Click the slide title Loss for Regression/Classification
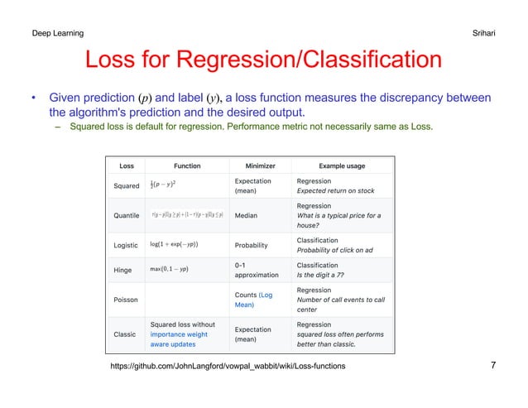(263, 61)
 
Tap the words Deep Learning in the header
(57, 33)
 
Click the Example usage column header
(342, 166)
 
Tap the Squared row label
(127, 186)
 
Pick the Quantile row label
(127, 215)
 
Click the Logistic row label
(127, 245)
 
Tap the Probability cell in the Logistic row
(255, 245)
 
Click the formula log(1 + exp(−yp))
(175, 245)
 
